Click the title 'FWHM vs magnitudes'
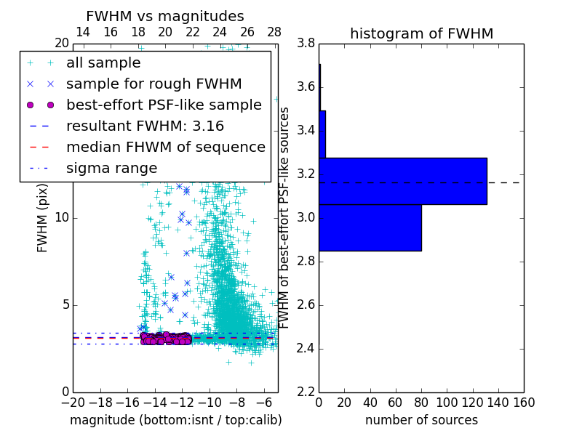tap(165, 16)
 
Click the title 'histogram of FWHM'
tap(421, 33)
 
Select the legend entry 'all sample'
tap(103, 63)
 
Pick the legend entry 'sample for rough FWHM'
tap(154, 84)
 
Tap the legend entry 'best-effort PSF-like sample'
tap(164, 105)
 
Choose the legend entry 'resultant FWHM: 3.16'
tap(145, 126)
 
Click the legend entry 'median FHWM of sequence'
tap(165, 147)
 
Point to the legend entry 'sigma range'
tap(111, 168)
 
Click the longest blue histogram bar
tap(402, 181)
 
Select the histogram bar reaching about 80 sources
tap(370, 227)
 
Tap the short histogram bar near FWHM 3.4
tap(322, 134)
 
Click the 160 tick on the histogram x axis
tap(523, 403)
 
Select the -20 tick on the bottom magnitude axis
tap(73, 403)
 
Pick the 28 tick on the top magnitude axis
tap(274, 32)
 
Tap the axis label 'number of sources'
tap(421, 420)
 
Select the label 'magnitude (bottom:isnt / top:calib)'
tap(175, 420)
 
